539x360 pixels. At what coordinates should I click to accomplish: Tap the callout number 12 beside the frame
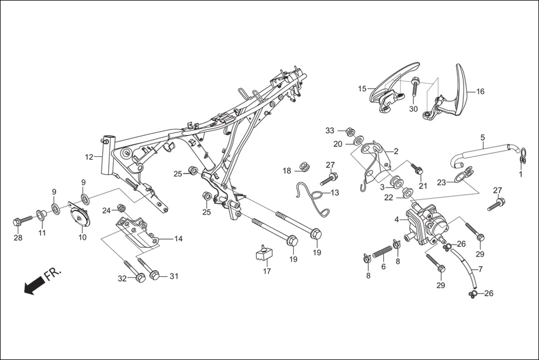pos(89,157)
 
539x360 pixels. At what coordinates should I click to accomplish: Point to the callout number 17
pos(267,271)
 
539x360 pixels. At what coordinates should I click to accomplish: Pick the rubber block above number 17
pos(263,253)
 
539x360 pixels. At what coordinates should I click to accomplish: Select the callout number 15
pos(362,89)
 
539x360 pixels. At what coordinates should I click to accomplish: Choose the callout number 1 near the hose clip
pos(521,174)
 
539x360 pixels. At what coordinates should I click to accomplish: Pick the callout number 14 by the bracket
pos(178,239)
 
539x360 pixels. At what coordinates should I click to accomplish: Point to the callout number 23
pos(441,182)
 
